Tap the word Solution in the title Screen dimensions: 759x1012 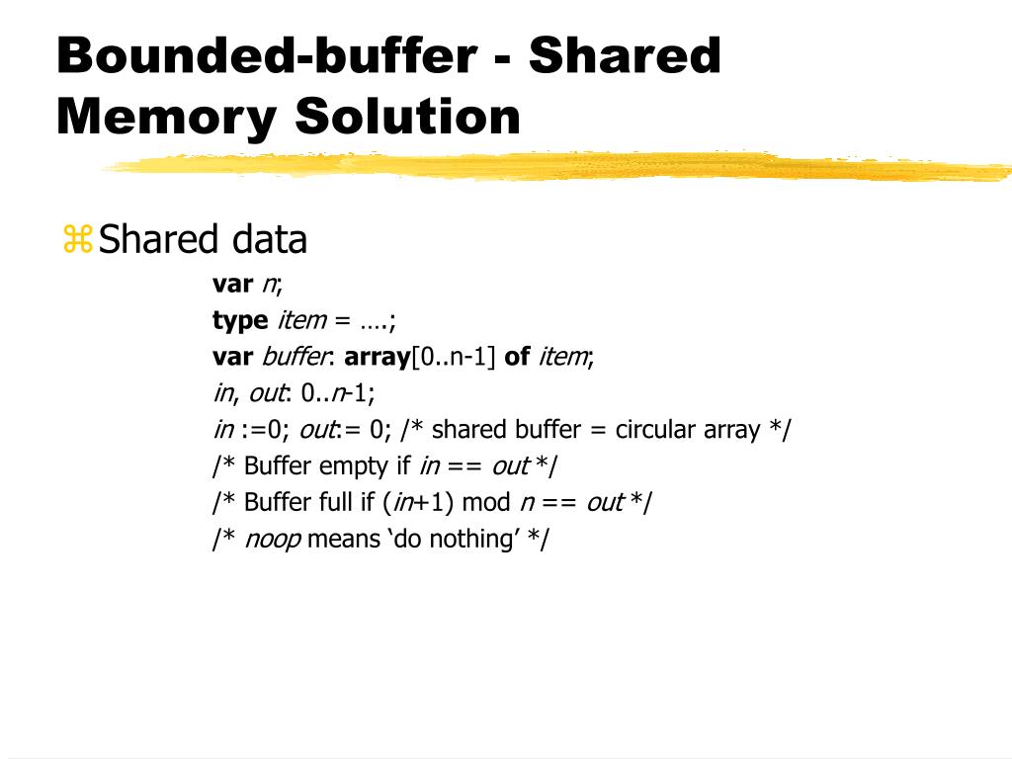click(407, 117)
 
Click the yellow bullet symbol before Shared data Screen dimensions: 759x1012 click(77, 240)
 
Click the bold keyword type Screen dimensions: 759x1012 click(240, 321)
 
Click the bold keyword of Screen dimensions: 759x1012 click(517, 357)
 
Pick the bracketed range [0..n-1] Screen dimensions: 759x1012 click(453, 357)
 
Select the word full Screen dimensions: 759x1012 click(334, 502)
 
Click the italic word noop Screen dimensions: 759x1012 click(273, 540)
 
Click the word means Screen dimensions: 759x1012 click(344, 540)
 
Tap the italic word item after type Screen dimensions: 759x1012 click(301, 321)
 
